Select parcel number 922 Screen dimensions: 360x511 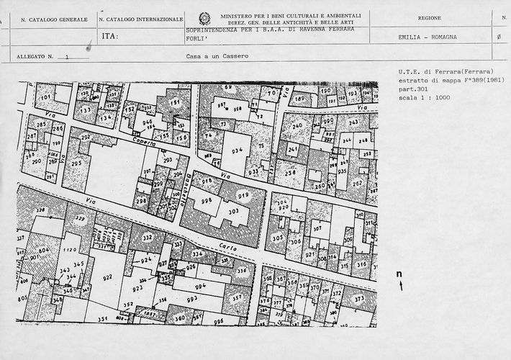pyautogui.click(x=108, y=277)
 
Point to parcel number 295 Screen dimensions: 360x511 pyautogui.click(x=76, y=164)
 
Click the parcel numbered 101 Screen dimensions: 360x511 pyautogui.click(x=45, y=96)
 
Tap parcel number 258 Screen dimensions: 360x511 pyautogui.click(x=289, y=174)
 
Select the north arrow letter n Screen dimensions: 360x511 pyautogui.click(x=399, y=274)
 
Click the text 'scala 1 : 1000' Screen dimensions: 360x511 pyautogui.click(x=422, y=96)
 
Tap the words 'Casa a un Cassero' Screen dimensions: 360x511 pyautogui.click(x=210, y=55)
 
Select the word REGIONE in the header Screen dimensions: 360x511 pyautogui.click(x=430, y=17)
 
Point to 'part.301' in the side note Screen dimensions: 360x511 pyautogui.click(x=410, y=88)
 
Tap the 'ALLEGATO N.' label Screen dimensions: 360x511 pyautogui.click(x=35, y=55)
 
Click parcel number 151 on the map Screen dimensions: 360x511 pyautogui.click(x=175, y=103)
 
